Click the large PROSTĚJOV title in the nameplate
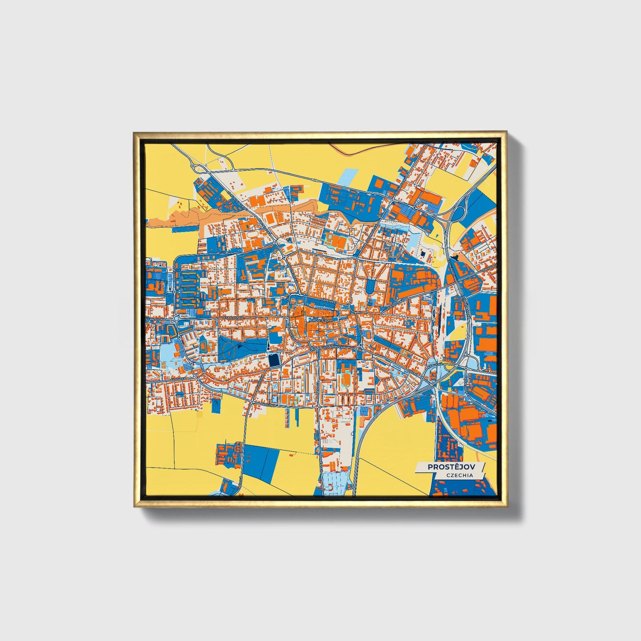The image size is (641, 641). tap(450, 467)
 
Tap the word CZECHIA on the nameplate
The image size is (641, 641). tap(460, 475)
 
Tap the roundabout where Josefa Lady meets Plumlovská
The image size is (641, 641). tap(176, 319)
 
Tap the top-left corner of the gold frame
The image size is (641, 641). tap(134, 132)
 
